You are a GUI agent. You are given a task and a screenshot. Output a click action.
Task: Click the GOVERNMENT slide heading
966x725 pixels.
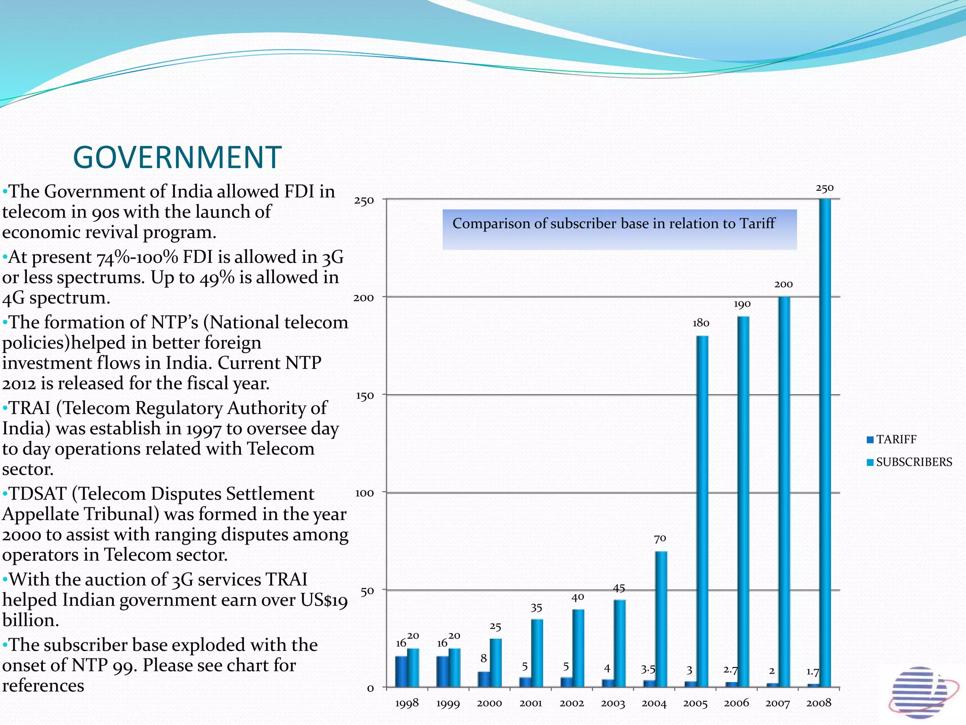coord(177,157)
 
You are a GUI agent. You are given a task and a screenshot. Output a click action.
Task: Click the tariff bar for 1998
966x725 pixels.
coord(401,671)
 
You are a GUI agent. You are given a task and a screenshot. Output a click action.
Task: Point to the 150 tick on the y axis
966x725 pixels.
coord(364,396)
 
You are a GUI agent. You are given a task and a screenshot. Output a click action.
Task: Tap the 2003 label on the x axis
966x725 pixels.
coord(613,703)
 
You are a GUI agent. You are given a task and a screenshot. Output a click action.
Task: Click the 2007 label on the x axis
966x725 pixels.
coord(777,703)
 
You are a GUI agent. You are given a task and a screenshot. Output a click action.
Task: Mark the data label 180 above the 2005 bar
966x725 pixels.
coord(701,323)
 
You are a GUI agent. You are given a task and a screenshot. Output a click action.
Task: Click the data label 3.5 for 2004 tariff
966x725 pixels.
coord(648,669)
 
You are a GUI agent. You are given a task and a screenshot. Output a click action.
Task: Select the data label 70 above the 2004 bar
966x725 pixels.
coord(660,539)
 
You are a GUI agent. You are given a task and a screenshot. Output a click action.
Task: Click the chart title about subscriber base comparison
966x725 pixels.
coord(613,224)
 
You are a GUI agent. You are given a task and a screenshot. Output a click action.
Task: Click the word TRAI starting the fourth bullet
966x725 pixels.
coord(30,408)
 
